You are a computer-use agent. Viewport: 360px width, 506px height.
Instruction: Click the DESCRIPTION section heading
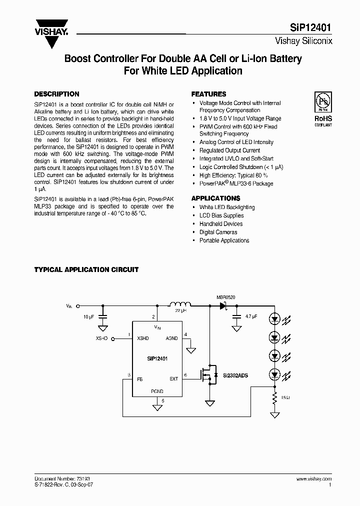point(56,94)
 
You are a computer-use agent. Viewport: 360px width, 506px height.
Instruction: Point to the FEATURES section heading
point(209,94)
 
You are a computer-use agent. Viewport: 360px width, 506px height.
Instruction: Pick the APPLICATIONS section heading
point(216,198)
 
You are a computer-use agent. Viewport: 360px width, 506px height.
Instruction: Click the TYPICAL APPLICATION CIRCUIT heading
point(86,269)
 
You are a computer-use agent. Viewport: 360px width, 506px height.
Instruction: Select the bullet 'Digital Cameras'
point(218,232)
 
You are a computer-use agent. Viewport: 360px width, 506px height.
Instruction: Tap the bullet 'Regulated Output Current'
point(229,150)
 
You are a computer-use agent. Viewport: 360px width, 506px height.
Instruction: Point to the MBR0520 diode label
point(225,297)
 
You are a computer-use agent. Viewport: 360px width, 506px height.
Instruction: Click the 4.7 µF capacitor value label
point(251,316)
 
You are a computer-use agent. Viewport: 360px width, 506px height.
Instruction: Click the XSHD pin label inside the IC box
point(143,338)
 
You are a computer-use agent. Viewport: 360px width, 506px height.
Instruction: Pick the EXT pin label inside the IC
point(173,379)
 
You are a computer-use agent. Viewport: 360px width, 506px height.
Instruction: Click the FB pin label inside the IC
point(140,379)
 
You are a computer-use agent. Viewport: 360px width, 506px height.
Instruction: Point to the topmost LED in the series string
point(274,318)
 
